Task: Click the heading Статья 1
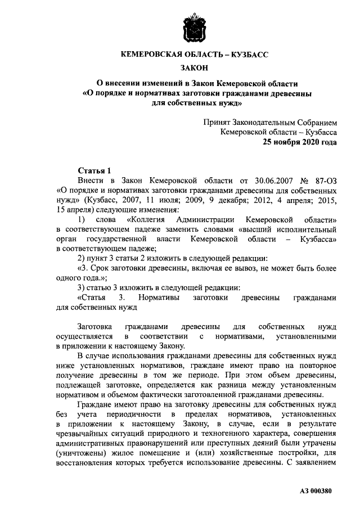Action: [95, 170]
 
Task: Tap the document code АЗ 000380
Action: [316, 491]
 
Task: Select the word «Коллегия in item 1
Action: [147, 219]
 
